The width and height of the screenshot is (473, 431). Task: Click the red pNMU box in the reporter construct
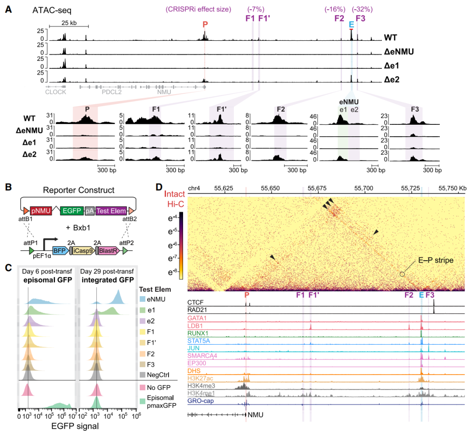[x=41, y=211]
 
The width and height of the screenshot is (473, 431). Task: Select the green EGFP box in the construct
[x=72, y=211]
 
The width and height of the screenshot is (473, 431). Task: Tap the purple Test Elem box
[x=111, y=211]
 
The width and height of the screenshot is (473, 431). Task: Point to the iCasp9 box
[x=83, y=251]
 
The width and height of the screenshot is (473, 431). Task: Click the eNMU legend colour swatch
[x=142, y=299]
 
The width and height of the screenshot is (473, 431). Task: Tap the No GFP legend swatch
[x=142, y=387]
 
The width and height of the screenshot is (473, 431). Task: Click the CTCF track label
[x=195, y=302]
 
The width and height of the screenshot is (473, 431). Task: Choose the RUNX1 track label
[x=198, y=333]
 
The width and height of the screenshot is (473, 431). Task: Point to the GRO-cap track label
[x=201, y=401]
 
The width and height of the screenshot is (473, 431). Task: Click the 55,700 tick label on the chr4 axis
[x=364, y=188]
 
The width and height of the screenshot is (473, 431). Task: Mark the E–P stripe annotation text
[x=436, y=260]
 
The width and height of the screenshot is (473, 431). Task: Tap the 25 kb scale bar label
[x=69, y=23]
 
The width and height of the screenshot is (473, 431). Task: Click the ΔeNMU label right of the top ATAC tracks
[x=399, y=52]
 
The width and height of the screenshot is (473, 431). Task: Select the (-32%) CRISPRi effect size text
[x=362, y=9]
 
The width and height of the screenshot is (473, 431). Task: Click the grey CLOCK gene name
[x=56, y=92]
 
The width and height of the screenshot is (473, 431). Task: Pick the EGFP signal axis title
[x=75, y=426]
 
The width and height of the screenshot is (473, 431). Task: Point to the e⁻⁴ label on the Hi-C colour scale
[x=173, y=218]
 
